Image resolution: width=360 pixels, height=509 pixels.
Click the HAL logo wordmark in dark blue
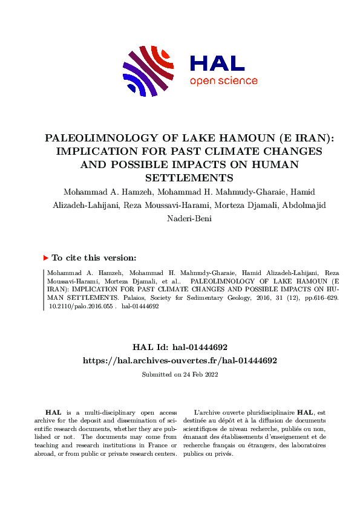tap(217, 63)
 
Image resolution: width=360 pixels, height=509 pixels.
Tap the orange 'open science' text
tap(223, 82)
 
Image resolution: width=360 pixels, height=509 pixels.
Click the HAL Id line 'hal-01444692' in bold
tap(180, 348)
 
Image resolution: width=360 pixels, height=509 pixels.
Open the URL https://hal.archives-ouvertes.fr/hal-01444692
tap(180, 360)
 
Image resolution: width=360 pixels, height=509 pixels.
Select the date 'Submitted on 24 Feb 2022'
tap(180, 375)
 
